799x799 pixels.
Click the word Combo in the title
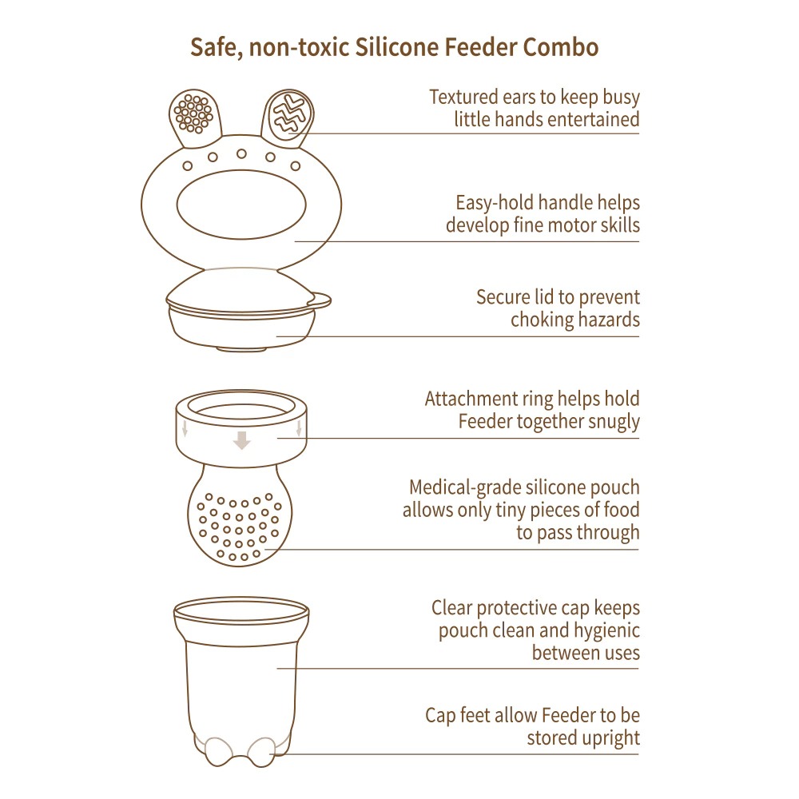[x=560, y=48]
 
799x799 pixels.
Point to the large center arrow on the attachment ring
[x=242, y=439]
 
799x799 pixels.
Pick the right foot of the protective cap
[x=260, y=750]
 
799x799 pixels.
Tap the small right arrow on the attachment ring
[x=298, y=429]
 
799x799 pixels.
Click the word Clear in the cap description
[x=452, y=609]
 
